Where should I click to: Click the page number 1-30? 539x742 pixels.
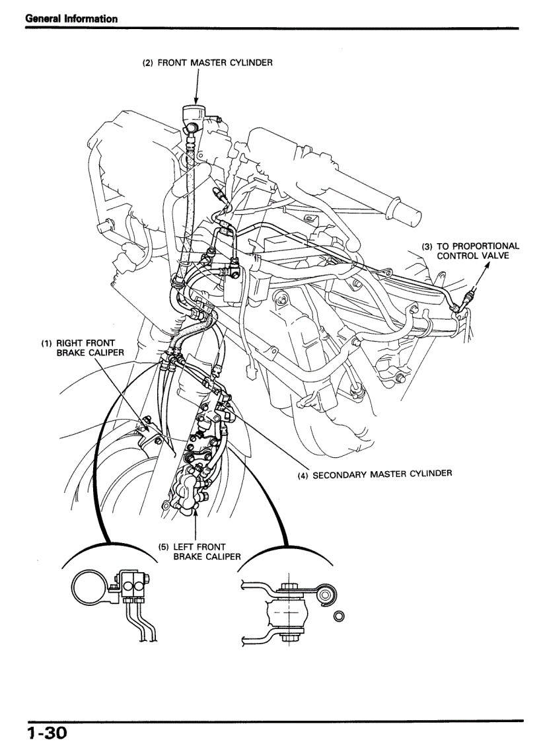tap(48, 732)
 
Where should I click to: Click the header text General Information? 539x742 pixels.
tap(71, 19)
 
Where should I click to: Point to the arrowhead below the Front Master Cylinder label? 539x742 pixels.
tap(197, 100)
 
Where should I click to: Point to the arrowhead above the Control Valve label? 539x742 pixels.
tap(488, 265)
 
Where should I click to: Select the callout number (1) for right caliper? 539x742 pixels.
tap(47, 343)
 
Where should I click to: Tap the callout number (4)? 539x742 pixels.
tap(303, 474)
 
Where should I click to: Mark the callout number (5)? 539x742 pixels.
tap(164, 546)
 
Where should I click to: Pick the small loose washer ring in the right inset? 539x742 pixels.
tap(339, 617)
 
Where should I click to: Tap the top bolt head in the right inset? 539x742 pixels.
tap(287, 585)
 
